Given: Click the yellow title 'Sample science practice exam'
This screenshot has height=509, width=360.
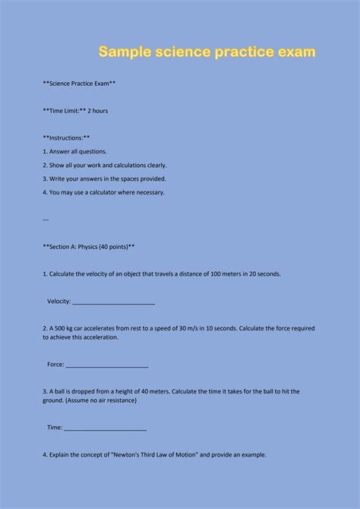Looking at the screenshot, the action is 207,52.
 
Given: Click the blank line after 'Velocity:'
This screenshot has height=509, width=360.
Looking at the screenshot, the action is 113,302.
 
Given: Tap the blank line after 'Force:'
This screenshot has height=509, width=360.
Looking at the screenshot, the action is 106,365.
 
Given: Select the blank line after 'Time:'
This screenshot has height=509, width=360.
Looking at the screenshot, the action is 106,428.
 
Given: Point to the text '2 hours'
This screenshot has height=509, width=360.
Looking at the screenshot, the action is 98,111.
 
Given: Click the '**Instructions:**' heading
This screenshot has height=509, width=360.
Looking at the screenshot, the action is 67,138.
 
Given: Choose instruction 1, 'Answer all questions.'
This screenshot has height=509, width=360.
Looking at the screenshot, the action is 75,151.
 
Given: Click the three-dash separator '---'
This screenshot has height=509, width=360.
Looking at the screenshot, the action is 46,220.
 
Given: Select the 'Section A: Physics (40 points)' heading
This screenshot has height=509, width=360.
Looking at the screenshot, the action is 90,247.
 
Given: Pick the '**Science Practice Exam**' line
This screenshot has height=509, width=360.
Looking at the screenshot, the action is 80,84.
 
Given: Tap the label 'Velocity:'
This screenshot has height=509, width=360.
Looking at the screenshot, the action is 58,302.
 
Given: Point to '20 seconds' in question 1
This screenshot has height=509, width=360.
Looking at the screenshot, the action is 265,274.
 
